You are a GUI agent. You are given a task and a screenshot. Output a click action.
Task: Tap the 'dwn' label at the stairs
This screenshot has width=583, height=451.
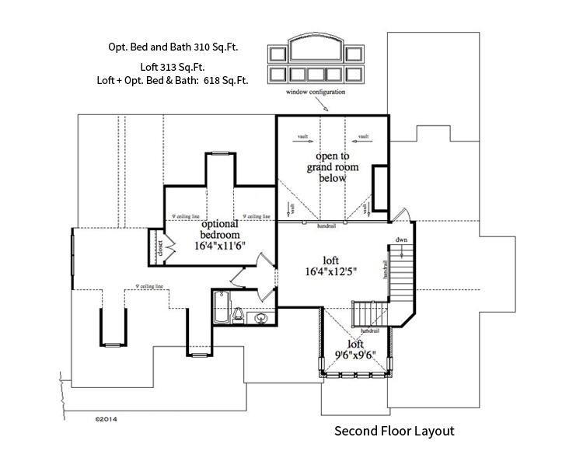(401, 239)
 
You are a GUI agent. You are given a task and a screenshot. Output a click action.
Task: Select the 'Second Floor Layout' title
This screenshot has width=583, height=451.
(393, 430)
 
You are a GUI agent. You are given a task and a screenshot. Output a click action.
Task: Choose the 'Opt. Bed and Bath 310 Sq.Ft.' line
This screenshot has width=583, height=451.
(173, 47)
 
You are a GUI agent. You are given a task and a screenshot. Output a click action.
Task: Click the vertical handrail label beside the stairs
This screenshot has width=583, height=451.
(386, 268)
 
